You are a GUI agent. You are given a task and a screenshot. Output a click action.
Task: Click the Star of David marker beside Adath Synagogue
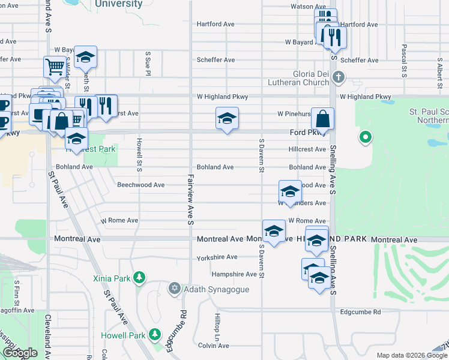pos(175,289)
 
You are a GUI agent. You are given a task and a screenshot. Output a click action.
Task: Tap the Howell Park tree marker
pos(155,333)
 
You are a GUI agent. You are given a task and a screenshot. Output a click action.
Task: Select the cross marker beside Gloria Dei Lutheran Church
pos(339,77)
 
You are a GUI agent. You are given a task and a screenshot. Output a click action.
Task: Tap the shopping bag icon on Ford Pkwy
pos(323,119)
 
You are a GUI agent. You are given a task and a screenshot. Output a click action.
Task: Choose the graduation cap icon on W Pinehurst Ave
pos(228,118)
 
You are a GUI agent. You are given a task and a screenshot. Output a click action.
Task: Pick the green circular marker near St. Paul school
pos(365,139)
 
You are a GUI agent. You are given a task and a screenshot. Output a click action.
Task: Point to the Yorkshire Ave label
pos(217,257)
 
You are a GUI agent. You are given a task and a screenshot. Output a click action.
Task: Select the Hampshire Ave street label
pos(234,274)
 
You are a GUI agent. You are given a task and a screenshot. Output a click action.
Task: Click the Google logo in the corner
pos(20,353)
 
